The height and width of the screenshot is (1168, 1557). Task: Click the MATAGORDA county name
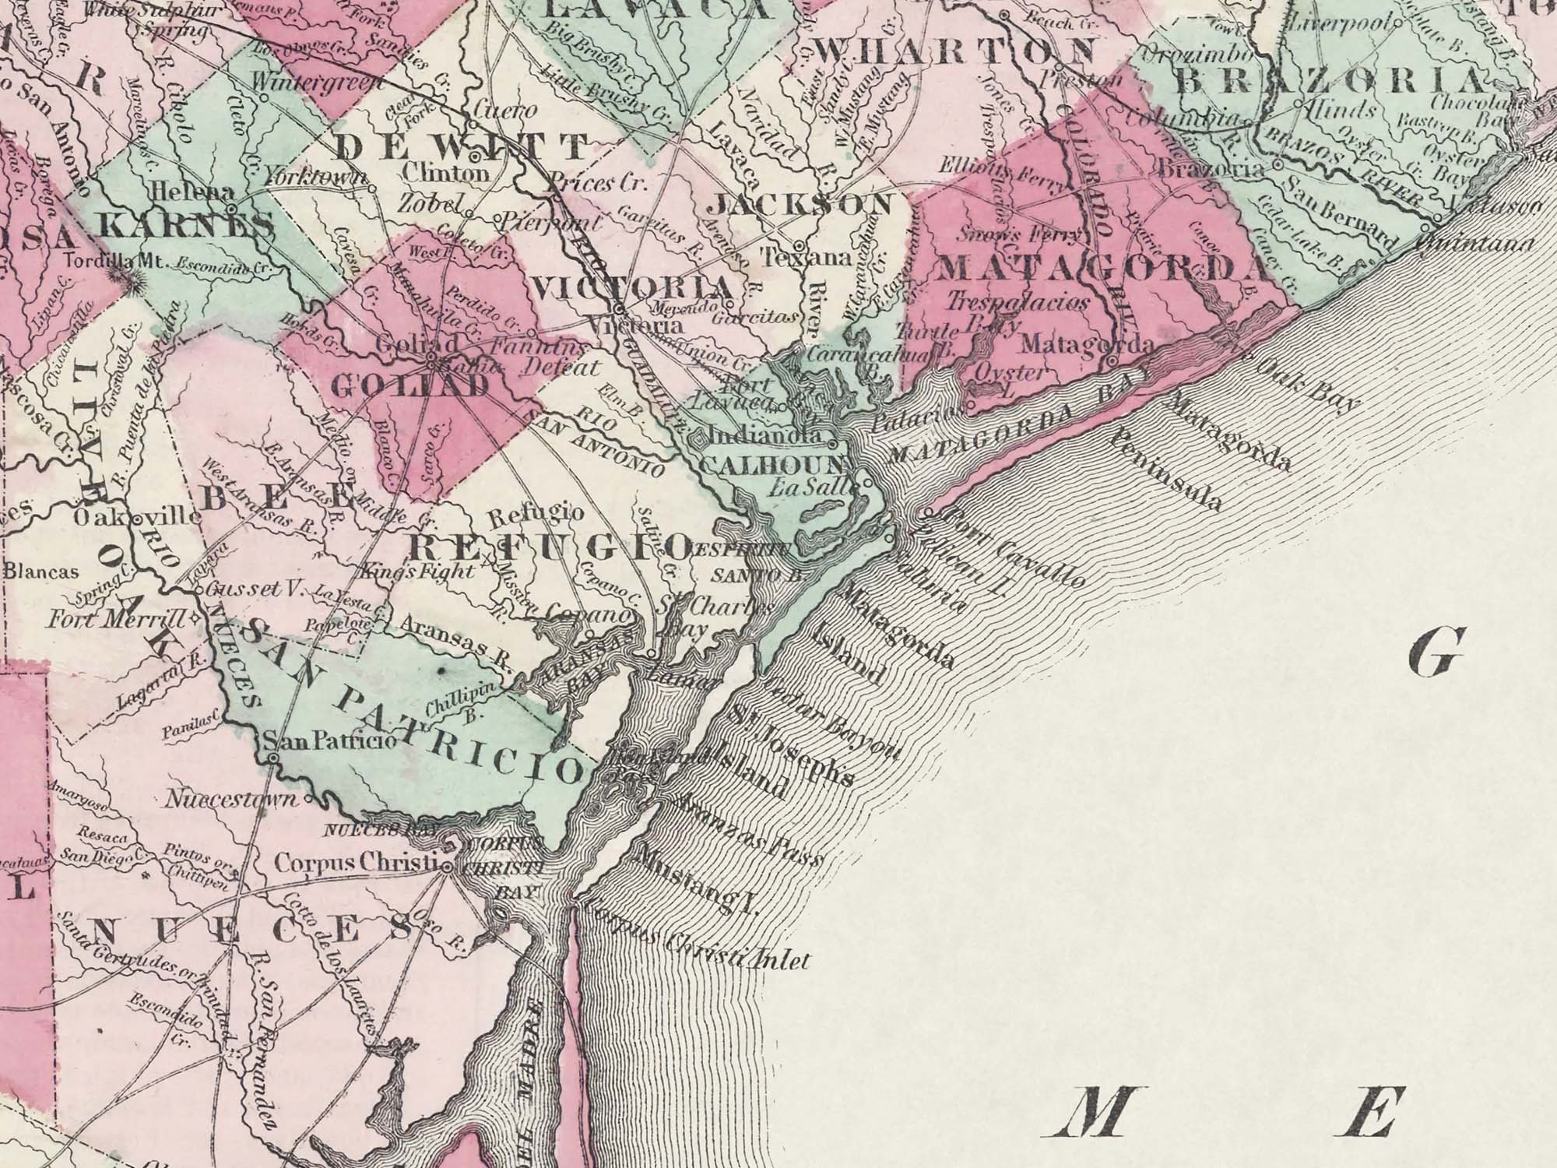pyautogui.click(x=1104, y=268)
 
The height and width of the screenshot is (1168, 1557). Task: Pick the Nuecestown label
pyautogui.click(x=232, y=800)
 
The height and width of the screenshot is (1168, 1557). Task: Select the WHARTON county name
pyautogui.click(x=957, y=51)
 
